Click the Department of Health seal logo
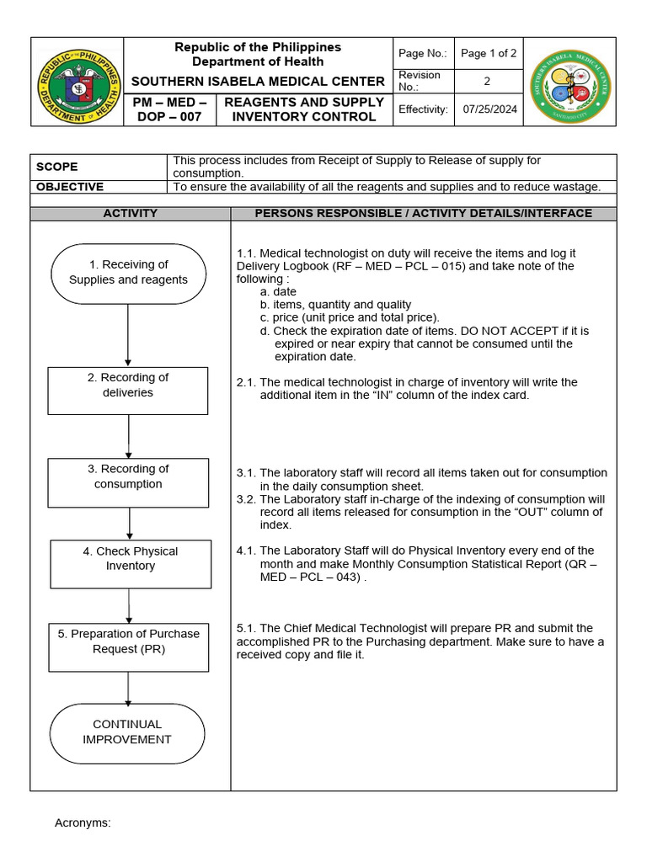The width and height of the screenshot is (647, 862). (x=78, y=82)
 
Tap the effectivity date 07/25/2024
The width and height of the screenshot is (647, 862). (x=489, y=109)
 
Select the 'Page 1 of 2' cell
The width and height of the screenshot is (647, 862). (x=489, y=53)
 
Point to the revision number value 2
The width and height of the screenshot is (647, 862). (x=486, y=82)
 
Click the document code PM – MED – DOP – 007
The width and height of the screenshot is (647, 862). (x=169, y=109)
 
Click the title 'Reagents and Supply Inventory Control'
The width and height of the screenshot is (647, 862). (x=304, y=109)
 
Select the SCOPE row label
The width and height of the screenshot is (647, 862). (x=57, y=167)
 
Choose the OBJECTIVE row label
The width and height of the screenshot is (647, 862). (x=71, y=187)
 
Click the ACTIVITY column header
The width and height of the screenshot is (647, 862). (x=130, y=214)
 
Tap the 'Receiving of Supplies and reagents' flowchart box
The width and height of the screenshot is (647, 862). (x=128, y=273)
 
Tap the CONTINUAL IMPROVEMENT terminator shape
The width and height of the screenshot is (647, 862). (x=126, y=732)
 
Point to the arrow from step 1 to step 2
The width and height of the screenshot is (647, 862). (x=128, y=334)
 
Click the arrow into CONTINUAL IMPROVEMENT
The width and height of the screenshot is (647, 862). (x=128, y=688)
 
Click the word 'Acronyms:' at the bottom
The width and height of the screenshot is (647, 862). (x=83, y=822)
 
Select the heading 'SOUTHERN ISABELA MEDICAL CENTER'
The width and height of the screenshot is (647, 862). (x=258, y=82)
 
